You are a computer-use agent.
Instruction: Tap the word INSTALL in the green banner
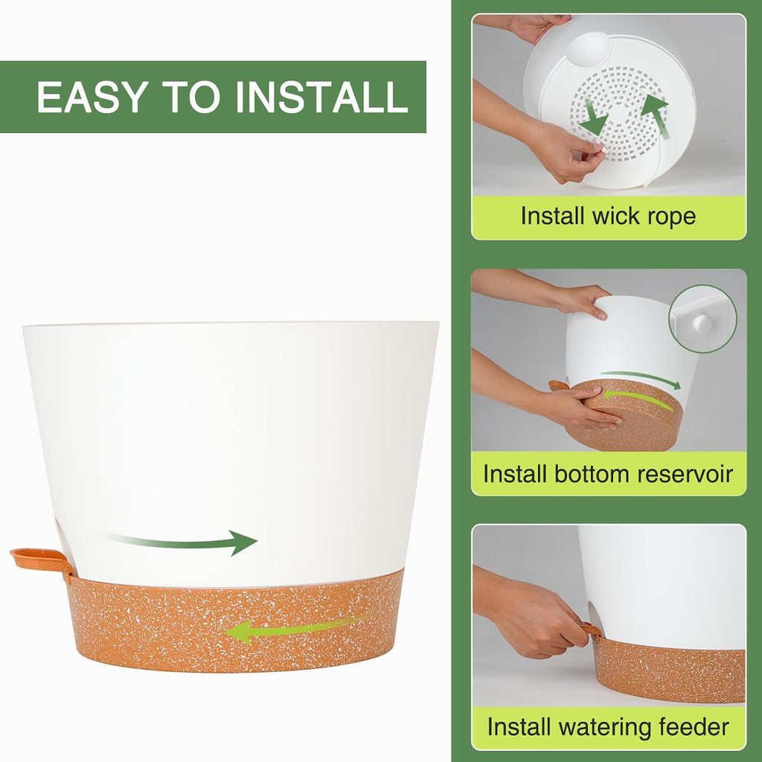point(321,97)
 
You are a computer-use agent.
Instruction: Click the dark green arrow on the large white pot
point(180,542)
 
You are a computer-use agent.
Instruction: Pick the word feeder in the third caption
point(694,727)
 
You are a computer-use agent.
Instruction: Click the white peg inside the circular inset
point(702,323)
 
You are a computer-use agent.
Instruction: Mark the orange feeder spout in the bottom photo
point(590,629)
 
